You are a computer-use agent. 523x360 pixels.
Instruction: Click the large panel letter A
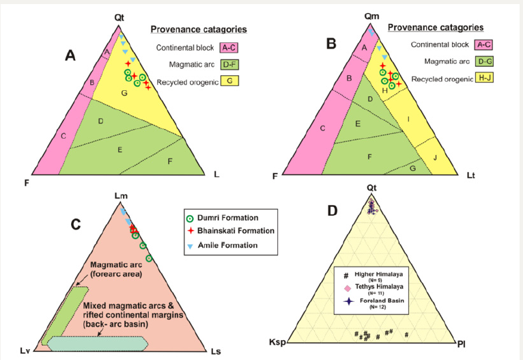tap(70, 56)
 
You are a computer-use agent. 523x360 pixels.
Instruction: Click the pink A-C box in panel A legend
tap(228, 48)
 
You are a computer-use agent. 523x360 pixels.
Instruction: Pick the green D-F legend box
tap(228, 66)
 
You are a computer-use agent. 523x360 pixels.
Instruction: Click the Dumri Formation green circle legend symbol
tap(190, 218)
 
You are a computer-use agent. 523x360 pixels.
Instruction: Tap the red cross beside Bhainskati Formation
tap(190, 231)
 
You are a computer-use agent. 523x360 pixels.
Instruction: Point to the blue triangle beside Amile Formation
tap(190, 245)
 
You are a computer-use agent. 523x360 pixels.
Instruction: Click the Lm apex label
tap(119, 196)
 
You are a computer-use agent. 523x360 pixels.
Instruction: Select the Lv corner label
tap(24, 350)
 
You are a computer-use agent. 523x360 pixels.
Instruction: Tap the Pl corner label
tap(462, 341)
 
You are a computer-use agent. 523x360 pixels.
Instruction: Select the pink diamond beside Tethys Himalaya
tap(348, 289)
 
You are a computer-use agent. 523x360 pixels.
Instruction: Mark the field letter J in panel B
tap(436, 158)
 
